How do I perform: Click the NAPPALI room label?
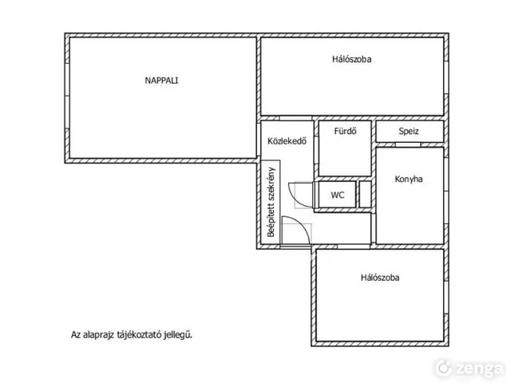(161, 81)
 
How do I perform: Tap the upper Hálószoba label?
(351, 59)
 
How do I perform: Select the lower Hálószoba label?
(380, 278)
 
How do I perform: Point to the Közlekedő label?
(287, 141)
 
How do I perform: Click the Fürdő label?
(345, 131)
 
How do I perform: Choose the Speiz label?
(409, 131)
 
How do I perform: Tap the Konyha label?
(409, 179)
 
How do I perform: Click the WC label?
(337, 195)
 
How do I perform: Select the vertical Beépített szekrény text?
(271, 202)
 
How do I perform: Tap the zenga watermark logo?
(469, 368)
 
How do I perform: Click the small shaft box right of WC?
(365, 195)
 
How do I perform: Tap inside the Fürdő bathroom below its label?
(345, 156)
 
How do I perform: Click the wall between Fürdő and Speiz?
(374, 131)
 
